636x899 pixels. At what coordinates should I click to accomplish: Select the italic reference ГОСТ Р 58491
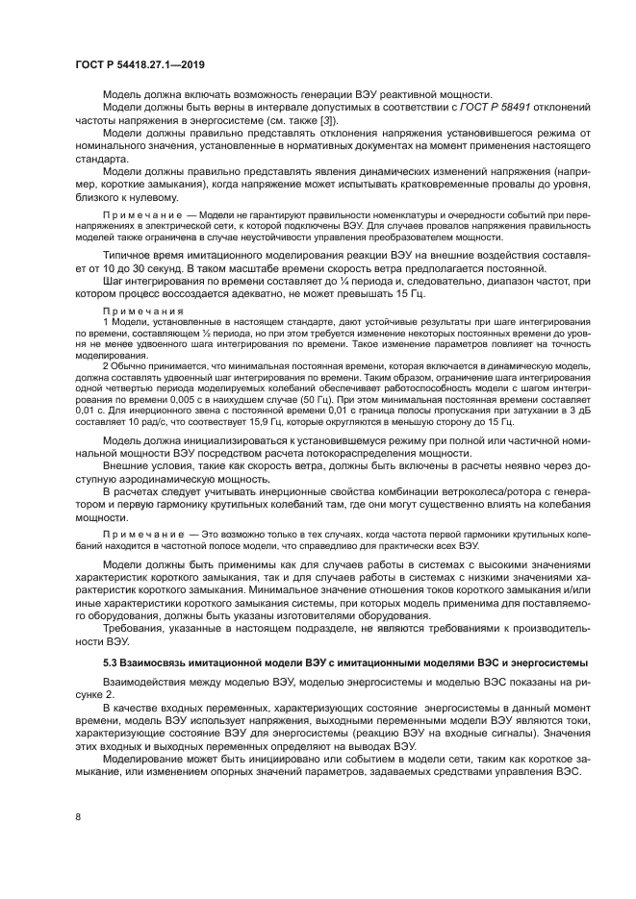tap(493, 107)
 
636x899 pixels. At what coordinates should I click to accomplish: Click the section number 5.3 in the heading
tap(110, 664)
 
